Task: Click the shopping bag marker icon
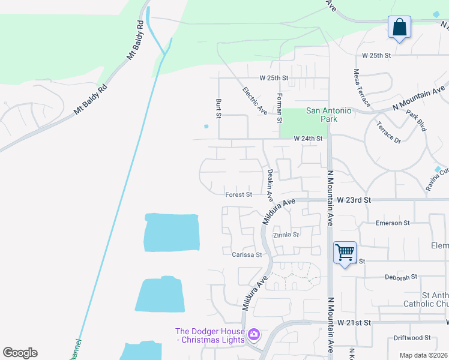tap(399, 27)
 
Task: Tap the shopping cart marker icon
tap(345, 253)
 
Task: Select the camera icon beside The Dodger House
tap(254, 334)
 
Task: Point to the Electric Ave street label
tap(255, 101)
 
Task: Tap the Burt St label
tap(218, 108)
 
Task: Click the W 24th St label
tap(309, 139)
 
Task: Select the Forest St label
tap(238, 194)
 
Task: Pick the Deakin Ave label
tap(270, 185)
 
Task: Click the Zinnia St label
tap(286, 235)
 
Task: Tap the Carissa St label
tap(247, 254)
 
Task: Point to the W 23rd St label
tap(354, 199)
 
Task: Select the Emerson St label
tap(392, 223)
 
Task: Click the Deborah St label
tap(400, 277)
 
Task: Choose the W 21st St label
tap(354, 322)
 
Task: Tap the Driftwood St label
tap(412, 338)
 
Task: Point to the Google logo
tap(20, 353)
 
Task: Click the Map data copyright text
tap(423, 355)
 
